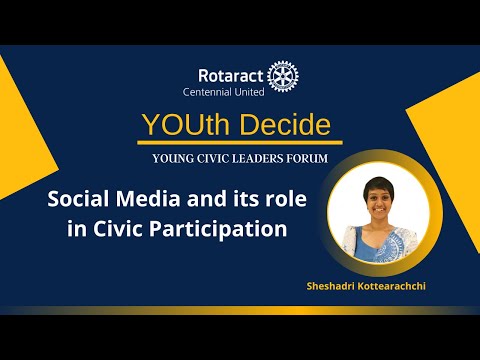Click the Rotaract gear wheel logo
click(283, 75)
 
